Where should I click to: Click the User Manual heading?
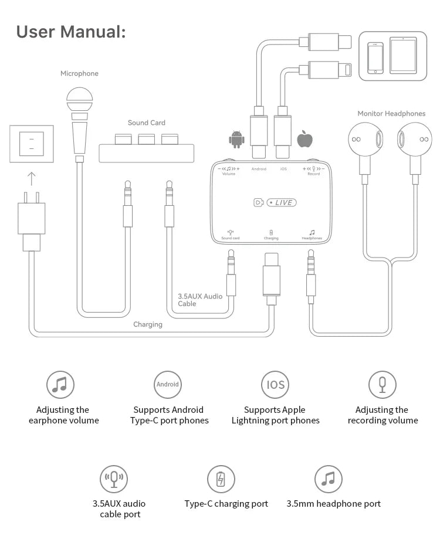click(71, 32)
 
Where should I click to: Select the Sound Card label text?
click(146, 123)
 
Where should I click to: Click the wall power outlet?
click(32, 144)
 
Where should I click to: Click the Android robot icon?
click(236, 140)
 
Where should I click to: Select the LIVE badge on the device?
click(282, 203)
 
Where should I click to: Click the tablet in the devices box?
click(403, 56)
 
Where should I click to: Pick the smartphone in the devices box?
click(375, 57)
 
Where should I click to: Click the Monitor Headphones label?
click(391, 113)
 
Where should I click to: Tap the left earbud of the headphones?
click(363, 141)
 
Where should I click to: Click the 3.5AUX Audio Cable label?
click(200, 300)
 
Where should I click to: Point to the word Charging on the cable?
click(147, 324)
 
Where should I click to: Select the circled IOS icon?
click(275, 385)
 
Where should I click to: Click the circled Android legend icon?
click(168, 385)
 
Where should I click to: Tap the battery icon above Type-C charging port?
click(221, 479)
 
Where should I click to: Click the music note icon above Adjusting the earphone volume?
click(60, 385)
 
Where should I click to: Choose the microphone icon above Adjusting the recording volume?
click(383, 385)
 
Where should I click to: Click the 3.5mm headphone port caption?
click(333, 504)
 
